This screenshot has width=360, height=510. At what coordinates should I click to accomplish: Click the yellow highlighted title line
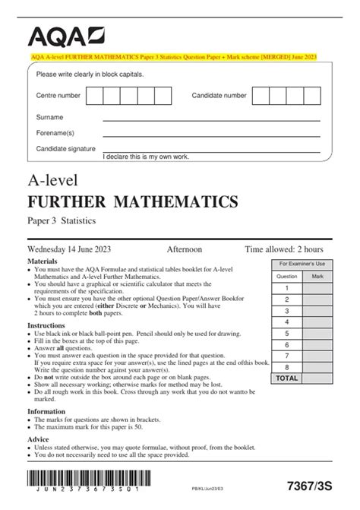pyautogui.click(x=180, y=56)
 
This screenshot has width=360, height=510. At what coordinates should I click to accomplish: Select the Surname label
pyautogui.click(x=50, y=117)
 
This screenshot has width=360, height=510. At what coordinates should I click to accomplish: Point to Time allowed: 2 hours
pyautogui.click(x=284, y=249)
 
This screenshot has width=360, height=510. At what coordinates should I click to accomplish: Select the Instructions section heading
pyautogui.click(x=46, y=325)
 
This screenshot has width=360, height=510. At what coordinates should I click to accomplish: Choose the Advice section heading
pyautogui.click(x=39, y=439)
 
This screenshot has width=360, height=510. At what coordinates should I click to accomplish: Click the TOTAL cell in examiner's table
pyautogui.click(x=287, y=377)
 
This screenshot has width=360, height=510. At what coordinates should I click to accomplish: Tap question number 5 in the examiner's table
pyautogui.click(x=287, y=332)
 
